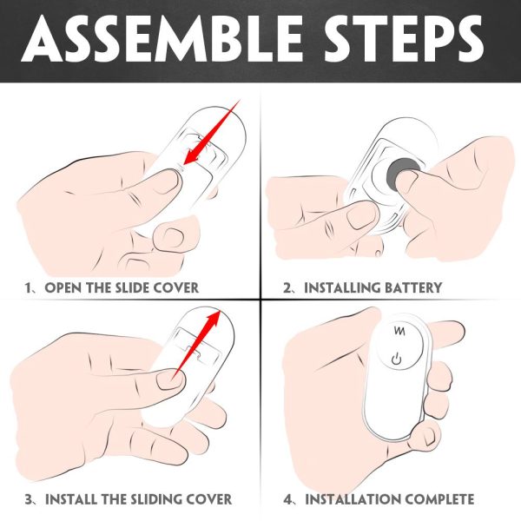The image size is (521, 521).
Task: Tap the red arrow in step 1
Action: coord(211,132)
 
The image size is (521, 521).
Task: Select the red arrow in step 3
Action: coord(197,344)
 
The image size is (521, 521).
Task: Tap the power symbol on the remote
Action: coord(397,359)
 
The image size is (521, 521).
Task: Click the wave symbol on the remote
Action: coord(399,331)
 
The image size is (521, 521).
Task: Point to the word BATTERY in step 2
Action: coord(413,287)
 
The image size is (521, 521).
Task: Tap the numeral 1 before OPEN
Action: coord(28,287)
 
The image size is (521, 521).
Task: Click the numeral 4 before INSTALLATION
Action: coord(287,499)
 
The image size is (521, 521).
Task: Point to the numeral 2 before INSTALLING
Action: coord(287,287)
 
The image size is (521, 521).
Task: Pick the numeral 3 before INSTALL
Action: coord(29,499)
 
